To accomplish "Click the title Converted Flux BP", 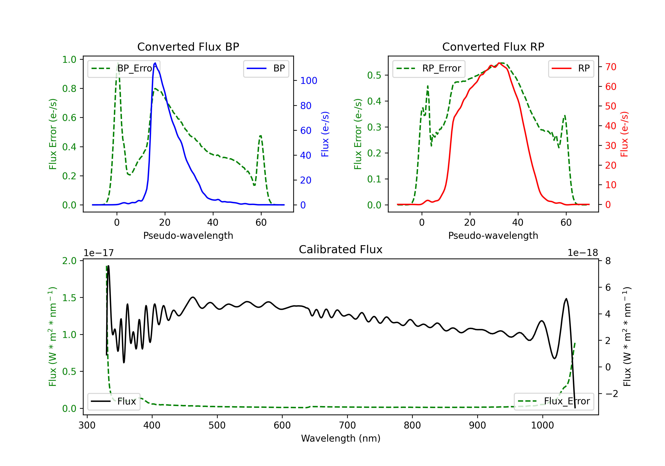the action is click(188, 47).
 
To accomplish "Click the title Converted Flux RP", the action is click(493, 47).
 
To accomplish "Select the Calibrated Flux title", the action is click(341, 249).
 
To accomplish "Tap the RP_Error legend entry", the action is click(429, 68).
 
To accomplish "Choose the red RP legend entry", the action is click(571, 68).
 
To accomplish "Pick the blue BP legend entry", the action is click(266, 68).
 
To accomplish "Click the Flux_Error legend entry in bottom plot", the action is click(554, 401).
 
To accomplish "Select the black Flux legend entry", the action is click(113, 401).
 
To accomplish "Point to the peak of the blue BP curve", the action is click(155, 63).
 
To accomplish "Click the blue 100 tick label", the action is click(309, 81).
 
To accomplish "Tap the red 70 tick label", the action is click(611, 67).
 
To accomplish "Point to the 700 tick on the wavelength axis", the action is click(347, 425).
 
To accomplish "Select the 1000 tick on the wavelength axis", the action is click(542, 425).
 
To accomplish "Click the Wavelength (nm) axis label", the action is click(341, 438).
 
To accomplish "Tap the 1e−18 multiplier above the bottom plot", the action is click(583, 253).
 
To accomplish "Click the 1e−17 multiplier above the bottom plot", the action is click(99, 253).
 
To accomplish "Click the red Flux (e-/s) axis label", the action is click(624, 134).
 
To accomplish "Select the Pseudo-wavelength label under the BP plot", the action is click(188, 235).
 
